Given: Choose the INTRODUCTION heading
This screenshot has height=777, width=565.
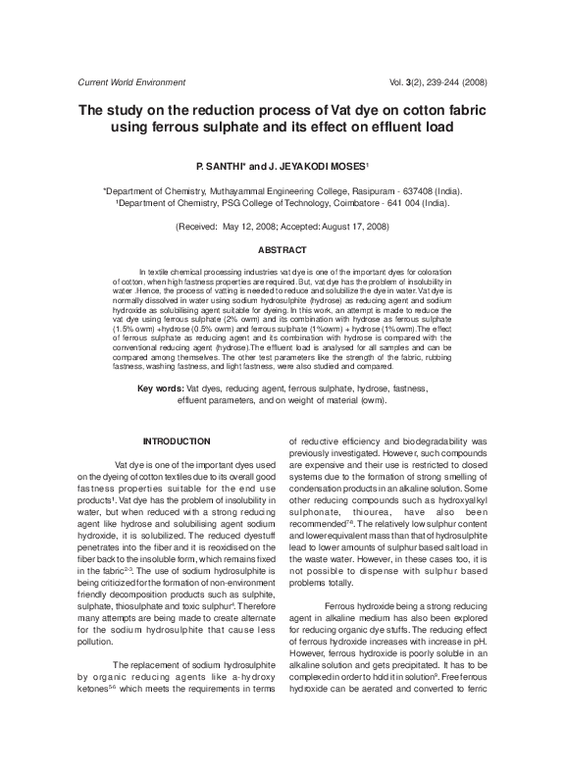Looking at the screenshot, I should pyautogui.click(x=177, y=441).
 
